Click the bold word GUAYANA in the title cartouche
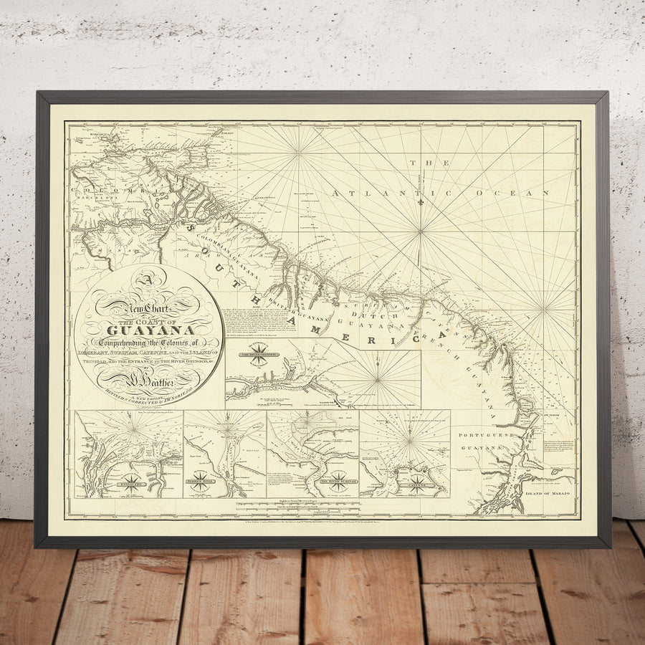[x=150, y=330]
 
